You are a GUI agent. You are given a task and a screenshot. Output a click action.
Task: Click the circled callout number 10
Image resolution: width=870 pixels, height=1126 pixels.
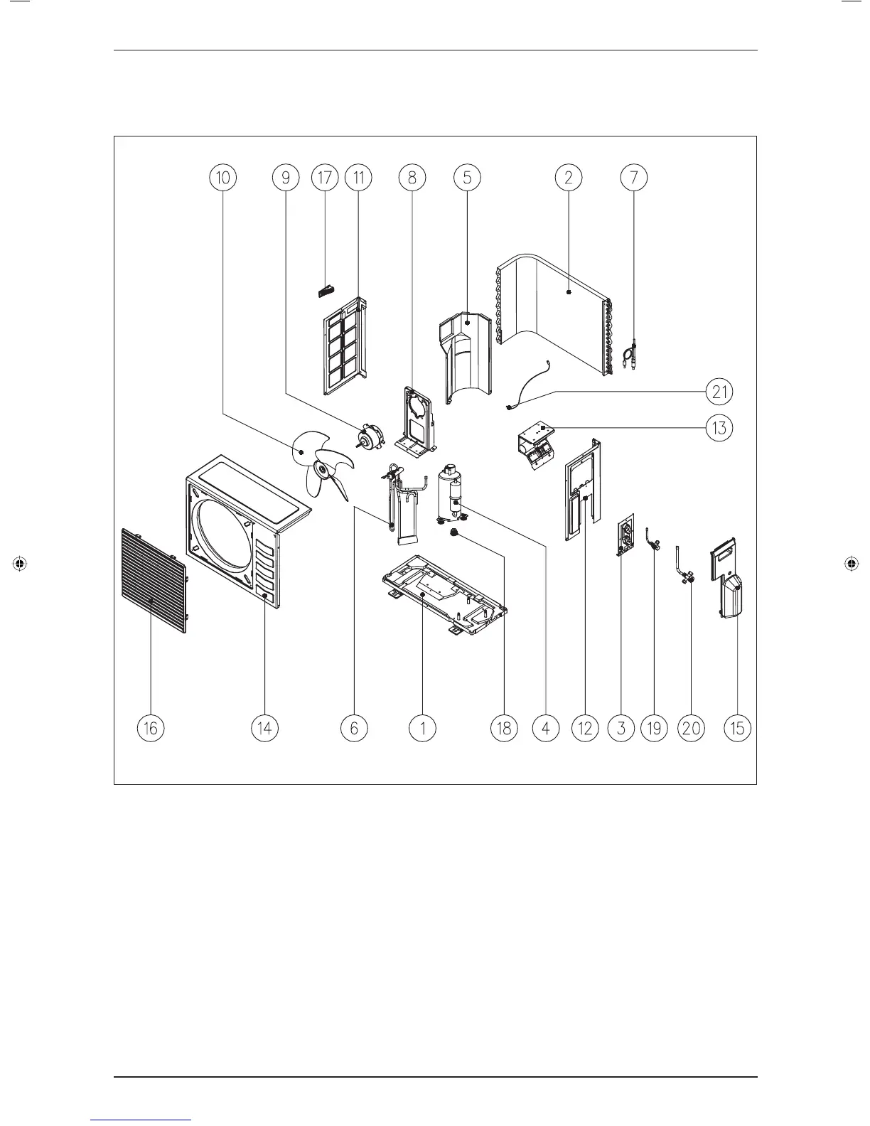(223, 177)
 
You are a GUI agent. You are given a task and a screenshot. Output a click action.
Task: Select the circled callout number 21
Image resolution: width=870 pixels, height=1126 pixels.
(719, 391)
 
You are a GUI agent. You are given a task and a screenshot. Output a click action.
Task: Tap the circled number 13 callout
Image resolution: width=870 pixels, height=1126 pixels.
(719, 428)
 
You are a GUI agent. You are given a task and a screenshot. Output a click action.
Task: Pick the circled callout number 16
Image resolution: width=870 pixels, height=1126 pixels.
(151, 728)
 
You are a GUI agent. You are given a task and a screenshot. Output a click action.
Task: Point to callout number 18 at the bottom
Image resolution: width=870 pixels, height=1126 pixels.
(504, 728)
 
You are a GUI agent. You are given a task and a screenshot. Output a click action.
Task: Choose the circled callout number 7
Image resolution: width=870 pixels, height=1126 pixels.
(633, 177)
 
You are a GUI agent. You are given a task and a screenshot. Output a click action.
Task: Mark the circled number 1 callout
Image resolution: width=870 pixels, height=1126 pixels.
(423, 728)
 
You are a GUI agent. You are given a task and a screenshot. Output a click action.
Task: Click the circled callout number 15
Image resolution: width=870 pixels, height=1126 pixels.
(738, 728)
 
